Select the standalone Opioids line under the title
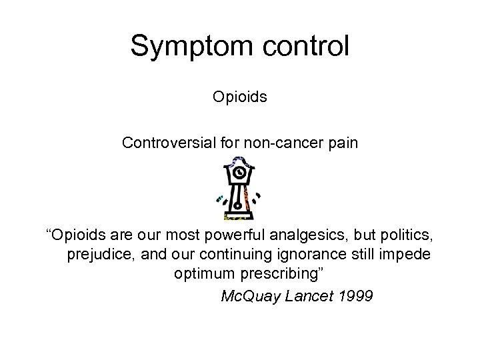tap(240, 97)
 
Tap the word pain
tap(344, 143)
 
